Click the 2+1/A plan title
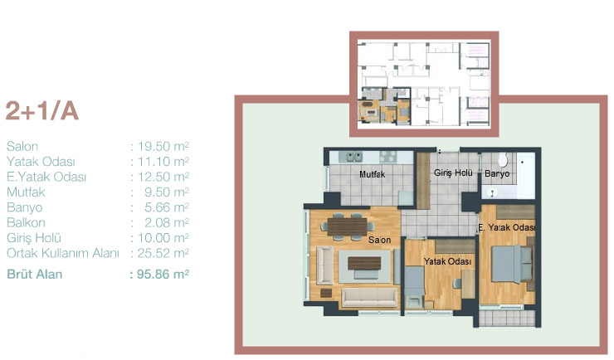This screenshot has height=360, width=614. click(42, 111)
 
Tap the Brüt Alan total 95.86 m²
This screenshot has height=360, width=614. click(163, 274)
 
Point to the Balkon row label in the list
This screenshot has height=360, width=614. click(26, 222)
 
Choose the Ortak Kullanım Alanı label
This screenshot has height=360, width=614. click(63, 253)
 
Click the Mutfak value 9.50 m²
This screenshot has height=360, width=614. click(167, 192)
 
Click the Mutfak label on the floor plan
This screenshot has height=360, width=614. click(372, 174)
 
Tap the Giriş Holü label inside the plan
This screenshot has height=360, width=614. click(453, 173)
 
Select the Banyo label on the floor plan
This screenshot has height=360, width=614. click(497, 173)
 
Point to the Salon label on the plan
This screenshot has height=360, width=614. click(379, 240)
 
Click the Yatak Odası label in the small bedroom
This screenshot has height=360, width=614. click(447, 261)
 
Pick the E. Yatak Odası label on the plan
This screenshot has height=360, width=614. click(507, 227)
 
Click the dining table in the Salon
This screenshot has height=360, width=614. click(347, 226)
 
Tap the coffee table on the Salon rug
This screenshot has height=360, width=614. click(364, 263)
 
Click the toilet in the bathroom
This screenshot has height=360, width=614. click(502, 159)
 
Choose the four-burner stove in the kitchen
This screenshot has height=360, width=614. click(388, 157)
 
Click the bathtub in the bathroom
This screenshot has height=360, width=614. click(525, 176)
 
